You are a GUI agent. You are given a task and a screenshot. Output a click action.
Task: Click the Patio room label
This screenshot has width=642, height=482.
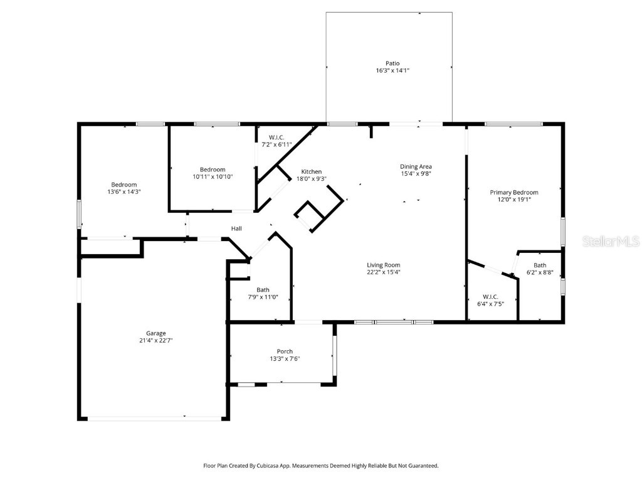[x=392, y=63]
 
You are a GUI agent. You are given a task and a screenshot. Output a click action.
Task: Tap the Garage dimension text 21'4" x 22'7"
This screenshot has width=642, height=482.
[x=156, y=341]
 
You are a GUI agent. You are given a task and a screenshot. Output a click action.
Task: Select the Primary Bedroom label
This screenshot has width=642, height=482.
[x=514, y=193]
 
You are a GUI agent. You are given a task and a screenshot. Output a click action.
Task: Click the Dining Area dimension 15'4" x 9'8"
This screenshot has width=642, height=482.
[x=416, y=174]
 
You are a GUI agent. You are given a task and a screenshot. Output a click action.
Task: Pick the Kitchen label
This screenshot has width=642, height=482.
[x=312, y=171]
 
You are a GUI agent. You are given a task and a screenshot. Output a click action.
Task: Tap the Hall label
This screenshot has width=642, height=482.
[x=236, y=228]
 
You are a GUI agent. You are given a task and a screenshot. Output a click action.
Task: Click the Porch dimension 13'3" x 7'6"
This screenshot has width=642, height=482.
[x=280, y=359]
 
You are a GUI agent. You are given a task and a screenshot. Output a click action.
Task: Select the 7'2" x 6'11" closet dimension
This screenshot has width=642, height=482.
[x=277, y=145]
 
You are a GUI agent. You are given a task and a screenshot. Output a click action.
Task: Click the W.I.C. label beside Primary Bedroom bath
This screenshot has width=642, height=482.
[x=490, y=296]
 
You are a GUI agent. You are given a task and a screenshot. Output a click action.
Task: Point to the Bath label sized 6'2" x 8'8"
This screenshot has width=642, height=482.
[x=540, y=265]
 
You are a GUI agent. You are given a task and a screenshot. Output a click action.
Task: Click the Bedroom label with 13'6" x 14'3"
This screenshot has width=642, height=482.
[x=124, y=185]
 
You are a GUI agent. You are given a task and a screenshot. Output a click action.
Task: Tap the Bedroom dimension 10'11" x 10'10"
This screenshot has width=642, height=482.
[x=213, y=177]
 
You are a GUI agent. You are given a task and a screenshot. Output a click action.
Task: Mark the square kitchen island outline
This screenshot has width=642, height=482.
[x=309, y=217]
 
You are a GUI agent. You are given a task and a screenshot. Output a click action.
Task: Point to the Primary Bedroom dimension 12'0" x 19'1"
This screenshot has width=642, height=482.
[x=514, y=200]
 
